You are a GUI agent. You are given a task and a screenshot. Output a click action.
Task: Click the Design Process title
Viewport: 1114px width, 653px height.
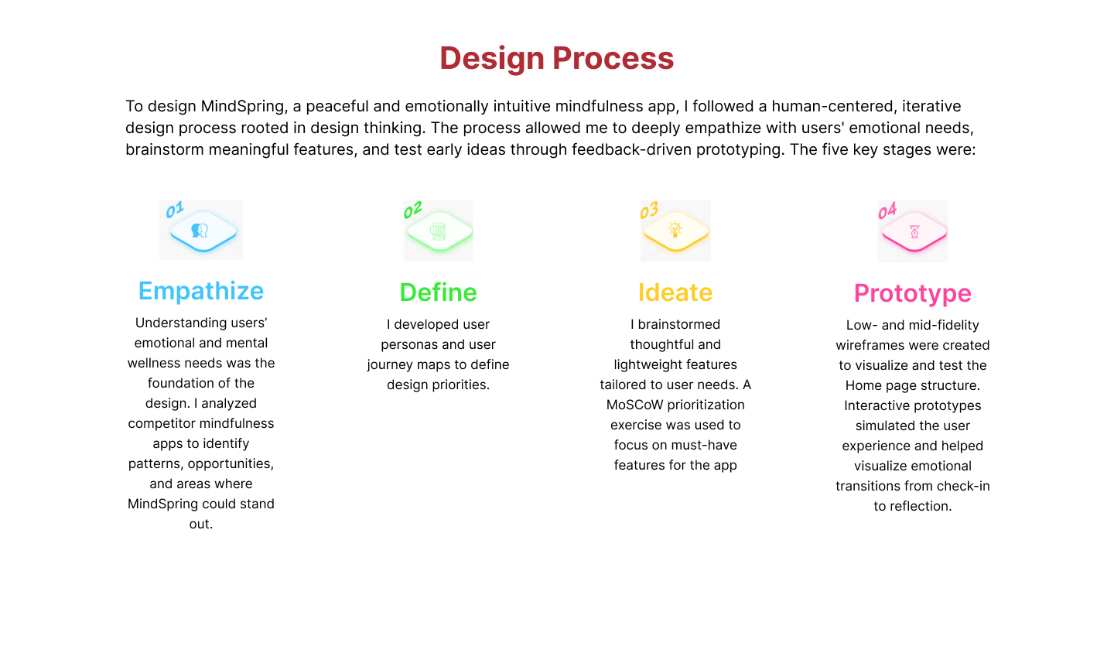coord(556,58)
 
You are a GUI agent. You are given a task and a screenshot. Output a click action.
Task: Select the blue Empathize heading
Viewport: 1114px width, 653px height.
coord(201,292)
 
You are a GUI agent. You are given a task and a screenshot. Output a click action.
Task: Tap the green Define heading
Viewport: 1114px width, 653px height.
coord(438,292)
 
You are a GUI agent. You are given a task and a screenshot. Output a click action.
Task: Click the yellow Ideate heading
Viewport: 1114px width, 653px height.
coord(675,292)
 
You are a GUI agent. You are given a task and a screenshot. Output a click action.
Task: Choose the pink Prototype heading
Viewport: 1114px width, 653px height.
coord(913,294)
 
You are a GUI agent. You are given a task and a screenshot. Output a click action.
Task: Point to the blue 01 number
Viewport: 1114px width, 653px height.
coord(175,210)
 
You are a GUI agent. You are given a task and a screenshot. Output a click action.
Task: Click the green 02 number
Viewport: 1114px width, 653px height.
coord(413,210)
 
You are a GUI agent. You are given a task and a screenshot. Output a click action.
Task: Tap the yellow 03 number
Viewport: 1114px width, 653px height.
coord(649,210)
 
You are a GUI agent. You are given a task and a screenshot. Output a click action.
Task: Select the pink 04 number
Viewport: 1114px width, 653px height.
coord(887,210)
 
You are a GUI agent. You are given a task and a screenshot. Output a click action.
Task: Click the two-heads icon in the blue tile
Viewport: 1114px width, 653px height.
coord(200,231)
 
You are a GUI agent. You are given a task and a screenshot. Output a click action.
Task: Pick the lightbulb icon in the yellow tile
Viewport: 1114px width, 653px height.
coord(675,230)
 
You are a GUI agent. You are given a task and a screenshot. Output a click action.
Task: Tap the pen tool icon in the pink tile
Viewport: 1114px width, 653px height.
coord(914,232)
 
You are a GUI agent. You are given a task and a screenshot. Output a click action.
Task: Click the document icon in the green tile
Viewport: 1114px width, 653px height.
coord(438,231)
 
